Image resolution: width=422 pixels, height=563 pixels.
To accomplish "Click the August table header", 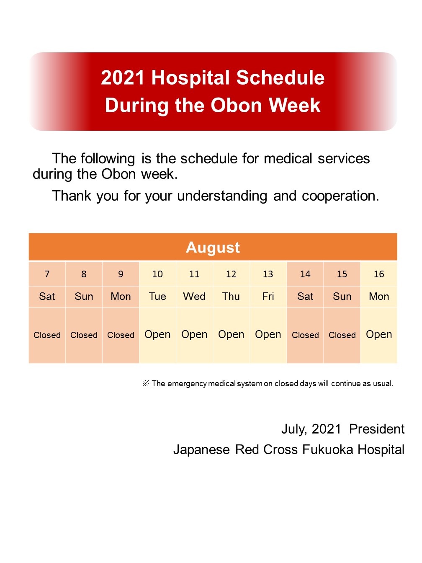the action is (213, 247).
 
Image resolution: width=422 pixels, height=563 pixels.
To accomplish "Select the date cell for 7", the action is (47, 274).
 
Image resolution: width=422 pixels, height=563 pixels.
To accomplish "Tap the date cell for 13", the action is (268, 274).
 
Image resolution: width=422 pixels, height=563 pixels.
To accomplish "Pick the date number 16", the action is (379, 274).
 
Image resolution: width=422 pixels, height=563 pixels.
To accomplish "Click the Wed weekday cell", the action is (194, 297).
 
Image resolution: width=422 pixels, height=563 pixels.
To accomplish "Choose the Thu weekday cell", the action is (231, 297).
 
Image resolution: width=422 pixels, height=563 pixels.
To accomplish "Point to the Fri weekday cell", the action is (268, 297).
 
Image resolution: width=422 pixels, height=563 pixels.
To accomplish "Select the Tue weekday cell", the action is (157, 297).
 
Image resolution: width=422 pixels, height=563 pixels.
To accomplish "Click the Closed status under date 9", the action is (121, 335).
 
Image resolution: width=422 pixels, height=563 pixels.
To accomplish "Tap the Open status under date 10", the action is (157, 335).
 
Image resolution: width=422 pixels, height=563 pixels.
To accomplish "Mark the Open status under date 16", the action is (379, 335).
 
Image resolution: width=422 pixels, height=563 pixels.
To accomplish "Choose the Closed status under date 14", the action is (305, 335).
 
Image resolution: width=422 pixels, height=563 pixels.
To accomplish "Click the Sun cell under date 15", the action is (342, 297).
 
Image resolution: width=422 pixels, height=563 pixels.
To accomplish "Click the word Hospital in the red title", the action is (190, 78).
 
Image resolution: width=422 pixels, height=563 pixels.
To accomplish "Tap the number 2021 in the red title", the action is (123, 77).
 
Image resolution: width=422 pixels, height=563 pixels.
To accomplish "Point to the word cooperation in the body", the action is (340, 196).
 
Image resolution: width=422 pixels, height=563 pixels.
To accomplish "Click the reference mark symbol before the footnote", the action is (146, 383).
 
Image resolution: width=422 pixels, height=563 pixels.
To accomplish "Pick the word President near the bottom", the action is (377, 429).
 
